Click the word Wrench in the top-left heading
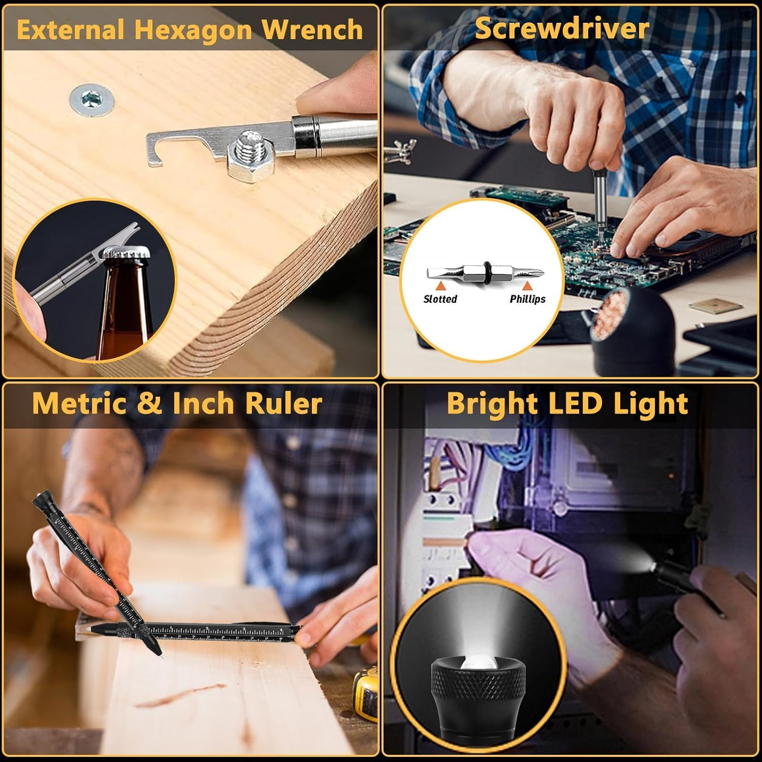click(312, 29)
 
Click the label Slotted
click(440, 299)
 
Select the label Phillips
click(527, 299)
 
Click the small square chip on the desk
click(715, 306)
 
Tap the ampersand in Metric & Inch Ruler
click(149, 403)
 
